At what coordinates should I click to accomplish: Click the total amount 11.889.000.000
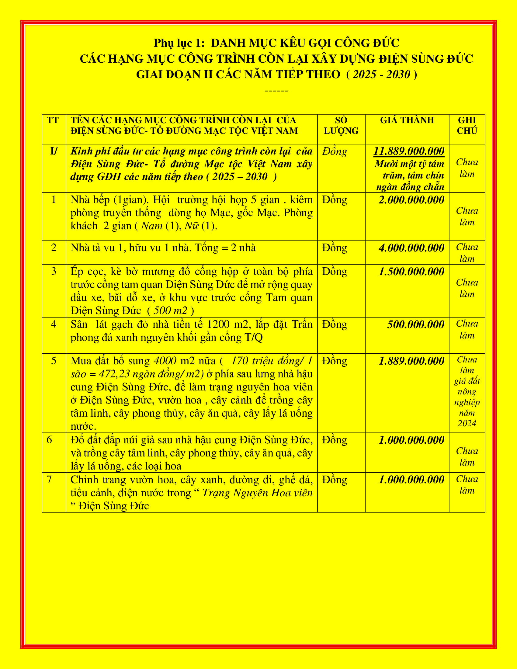point(409,151)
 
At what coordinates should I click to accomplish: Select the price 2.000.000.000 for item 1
point(411,200)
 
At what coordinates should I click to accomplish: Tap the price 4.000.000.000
point(411,248)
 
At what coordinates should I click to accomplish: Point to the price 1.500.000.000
point(411,272)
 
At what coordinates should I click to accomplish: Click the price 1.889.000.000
point(411,361)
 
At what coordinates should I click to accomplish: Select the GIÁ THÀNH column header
point(407,120)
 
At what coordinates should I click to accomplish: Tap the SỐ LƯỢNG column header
point(341,126)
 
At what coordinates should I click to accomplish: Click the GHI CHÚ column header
point(467,126)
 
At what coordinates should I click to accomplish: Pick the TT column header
point(53,120)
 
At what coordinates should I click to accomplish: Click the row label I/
point(54,151)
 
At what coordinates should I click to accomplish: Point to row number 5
point(54,361)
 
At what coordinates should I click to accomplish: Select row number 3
point(54,271)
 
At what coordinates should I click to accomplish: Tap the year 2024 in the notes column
point(467,424)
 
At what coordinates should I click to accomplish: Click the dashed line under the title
point(276,91)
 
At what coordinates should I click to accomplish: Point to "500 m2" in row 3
point(170,311)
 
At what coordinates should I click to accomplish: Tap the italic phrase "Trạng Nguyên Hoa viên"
point(258,493)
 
